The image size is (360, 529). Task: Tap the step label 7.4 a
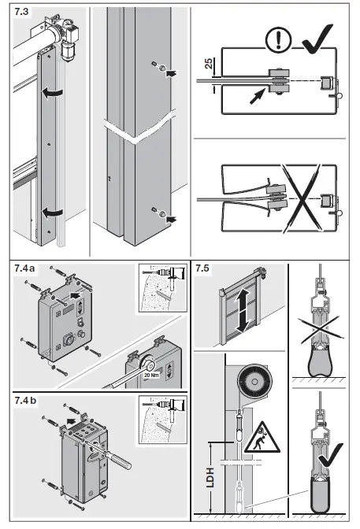[25, 270]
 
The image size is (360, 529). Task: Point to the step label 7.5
[203, 270]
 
